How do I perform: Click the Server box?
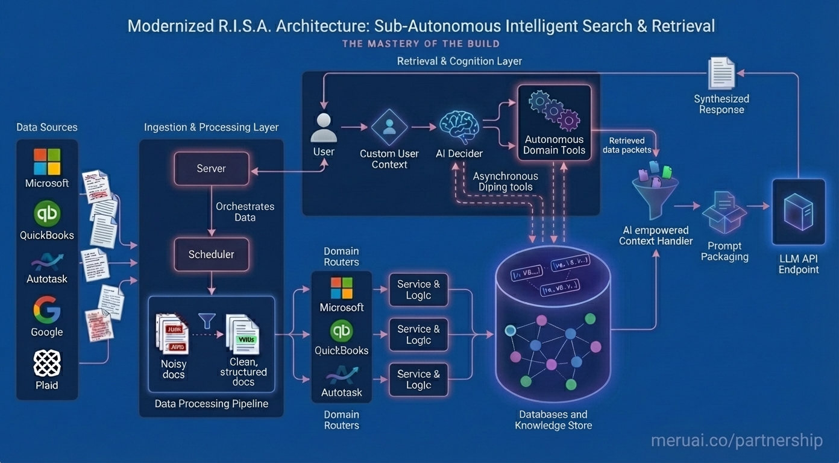211,168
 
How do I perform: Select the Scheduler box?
211,254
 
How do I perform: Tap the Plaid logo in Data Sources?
47,363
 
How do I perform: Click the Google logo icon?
47,310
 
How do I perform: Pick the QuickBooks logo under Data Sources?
47,214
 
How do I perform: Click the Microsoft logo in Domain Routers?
342,288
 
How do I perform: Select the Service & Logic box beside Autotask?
418,379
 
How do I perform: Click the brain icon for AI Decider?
459,127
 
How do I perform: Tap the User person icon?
324,127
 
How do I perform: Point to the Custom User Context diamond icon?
389,127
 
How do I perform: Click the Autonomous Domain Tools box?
554,122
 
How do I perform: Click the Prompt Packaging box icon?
724,212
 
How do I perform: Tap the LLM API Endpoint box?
799,212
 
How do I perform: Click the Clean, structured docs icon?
242,334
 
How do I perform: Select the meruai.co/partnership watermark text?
737,441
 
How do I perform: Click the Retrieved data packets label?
627,145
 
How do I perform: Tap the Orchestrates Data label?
245,212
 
